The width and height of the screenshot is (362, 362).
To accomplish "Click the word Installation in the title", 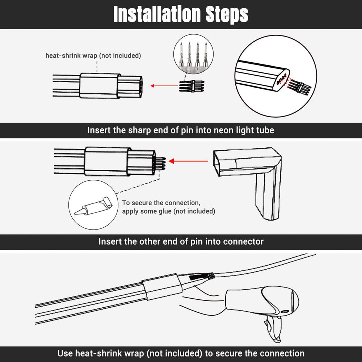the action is point(157,14).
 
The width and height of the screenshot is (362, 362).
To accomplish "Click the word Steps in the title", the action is point(227,15).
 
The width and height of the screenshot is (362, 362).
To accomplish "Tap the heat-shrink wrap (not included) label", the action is point(93,56).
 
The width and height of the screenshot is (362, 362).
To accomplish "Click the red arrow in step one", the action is point(164,86).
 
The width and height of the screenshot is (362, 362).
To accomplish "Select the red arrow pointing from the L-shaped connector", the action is point(188,161).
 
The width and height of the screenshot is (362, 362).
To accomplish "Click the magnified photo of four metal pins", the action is point(193,55).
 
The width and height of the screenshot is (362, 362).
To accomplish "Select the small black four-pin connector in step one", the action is point(191,86).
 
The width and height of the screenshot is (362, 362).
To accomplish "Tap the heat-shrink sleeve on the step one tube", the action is point(100,86).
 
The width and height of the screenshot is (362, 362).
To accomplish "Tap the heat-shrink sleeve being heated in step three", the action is point(161,287).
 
